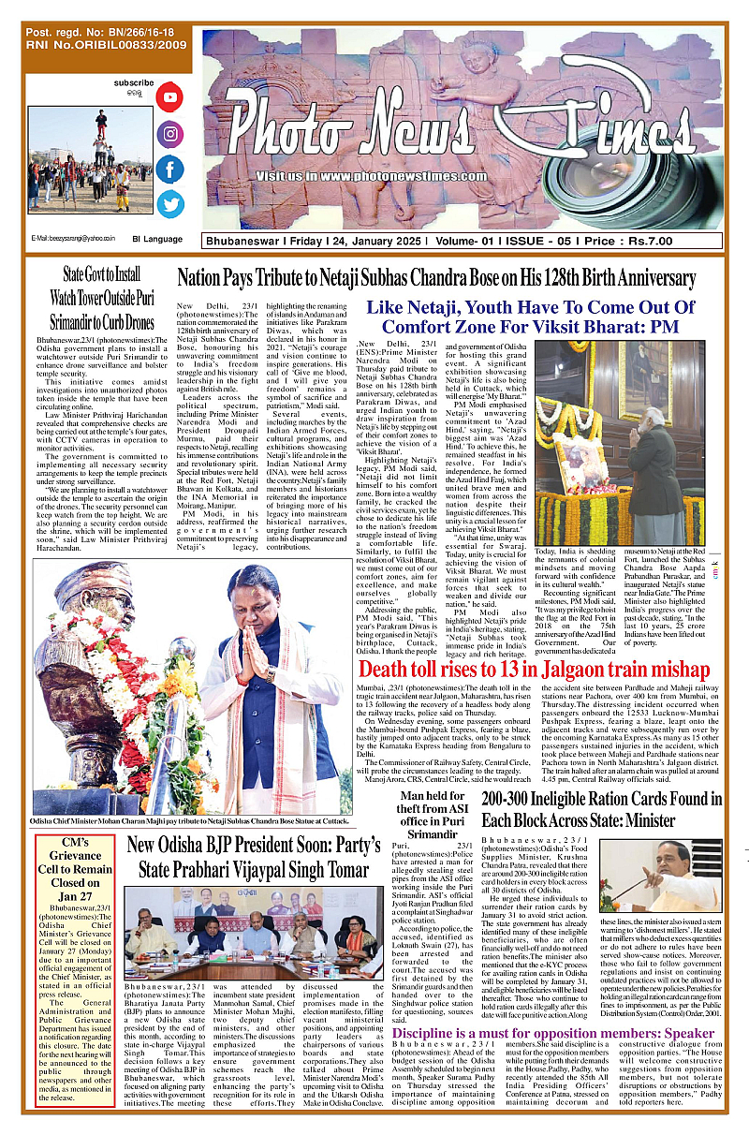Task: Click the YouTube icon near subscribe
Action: (170, 96)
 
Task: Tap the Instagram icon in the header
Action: (170, 133)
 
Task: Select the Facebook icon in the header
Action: (170, 170)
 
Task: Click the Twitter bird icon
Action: (170, 204)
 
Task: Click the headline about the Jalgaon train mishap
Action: (521, 670)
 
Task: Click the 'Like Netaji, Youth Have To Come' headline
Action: (530, 317)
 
